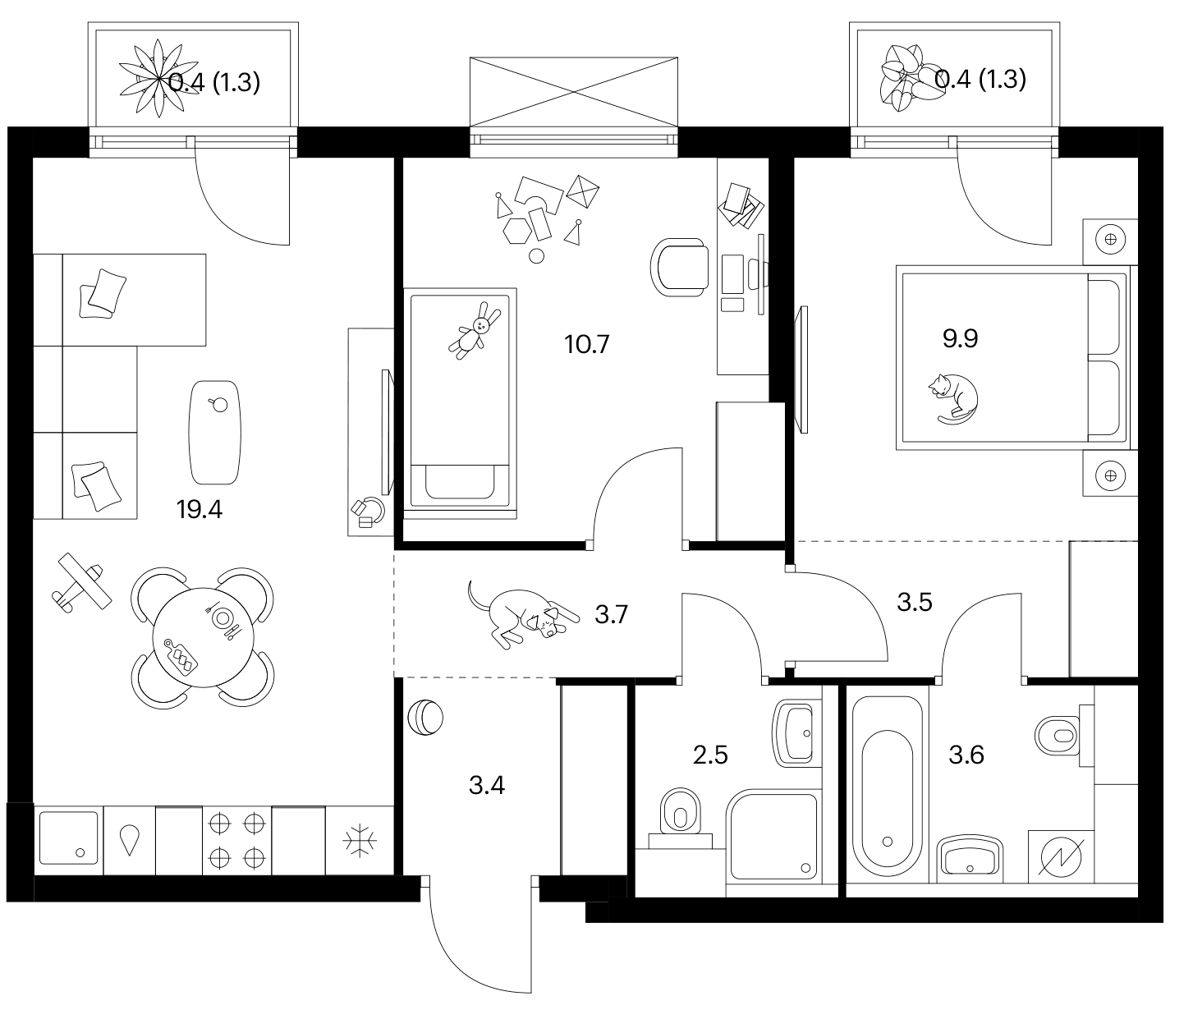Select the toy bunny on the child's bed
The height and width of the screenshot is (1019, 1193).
tap(475, 331)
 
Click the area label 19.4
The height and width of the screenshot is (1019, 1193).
tap(200, 510)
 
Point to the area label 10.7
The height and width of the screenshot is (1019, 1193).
tap(586, 345)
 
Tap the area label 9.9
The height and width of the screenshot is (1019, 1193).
tap(960, 339)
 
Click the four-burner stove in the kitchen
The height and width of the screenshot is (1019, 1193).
tap(236, 841)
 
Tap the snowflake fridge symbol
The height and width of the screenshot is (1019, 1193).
tap(360, 841)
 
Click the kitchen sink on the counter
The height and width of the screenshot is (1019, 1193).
tap(68, 838)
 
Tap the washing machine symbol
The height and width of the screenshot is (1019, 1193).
tap(1061, 857)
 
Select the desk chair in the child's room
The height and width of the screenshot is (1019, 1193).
tap(679, 268)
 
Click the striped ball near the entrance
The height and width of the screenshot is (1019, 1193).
tap(424, 718)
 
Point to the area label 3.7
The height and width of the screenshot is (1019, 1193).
tap(611, 615)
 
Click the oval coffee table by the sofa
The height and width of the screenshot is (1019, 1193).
tap(214, 433)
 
